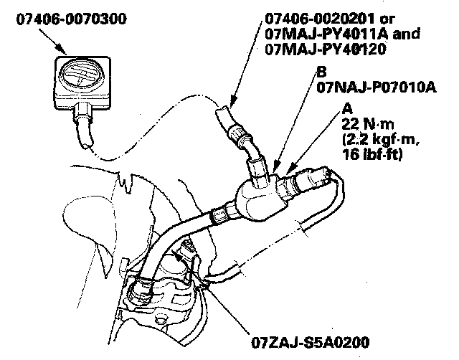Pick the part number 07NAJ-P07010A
pos(365,87)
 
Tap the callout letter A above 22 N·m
pos(348,109)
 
